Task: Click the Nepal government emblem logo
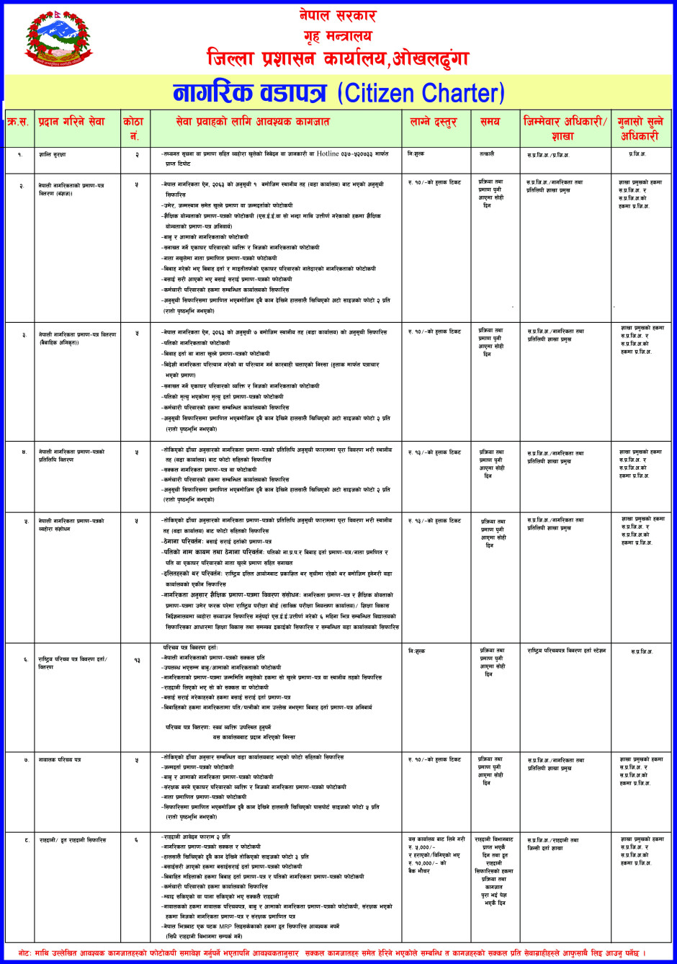pyautogui.click(x=59, y=39)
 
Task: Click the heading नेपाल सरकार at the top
pyautogui.click(x=337, y=15)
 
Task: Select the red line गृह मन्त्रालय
pyautogui.click(x=337, y=35)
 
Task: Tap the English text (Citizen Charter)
pyautogui.click(x=421, y=94)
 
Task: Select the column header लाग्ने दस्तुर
pyautogui.click(x=436, y=122)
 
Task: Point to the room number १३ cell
pyautogui.click(x=136, y=659)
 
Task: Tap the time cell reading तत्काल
pyautogui.click(x=487, y=154)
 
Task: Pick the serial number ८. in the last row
pyautogui.click(x=26, y=839)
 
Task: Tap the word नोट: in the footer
pyautogui.click(x=13, y=952)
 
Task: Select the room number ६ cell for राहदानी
pyautogui.click(x=136, y=839)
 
